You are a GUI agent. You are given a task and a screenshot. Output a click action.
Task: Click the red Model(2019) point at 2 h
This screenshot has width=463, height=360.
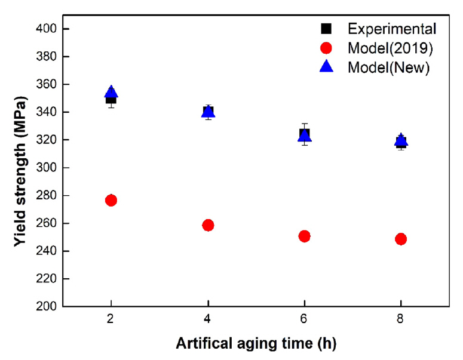(111, 200)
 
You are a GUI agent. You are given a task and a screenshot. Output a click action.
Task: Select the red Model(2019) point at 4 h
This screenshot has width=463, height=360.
(208, 225)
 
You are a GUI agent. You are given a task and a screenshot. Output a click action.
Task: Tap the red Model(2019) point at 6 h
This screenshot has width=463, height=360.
(305, 236)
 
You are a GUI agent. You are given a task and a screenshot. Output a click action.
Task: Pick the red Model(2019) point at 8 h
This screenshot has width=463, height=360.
(401, 239)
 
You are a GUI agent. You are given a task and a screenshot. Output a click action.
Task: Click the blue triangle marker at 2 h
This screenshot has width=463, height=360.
(111, 92)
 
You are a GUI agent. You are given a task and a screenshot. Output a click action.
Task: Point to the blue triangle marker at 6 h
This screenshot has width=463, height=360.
(305, 136)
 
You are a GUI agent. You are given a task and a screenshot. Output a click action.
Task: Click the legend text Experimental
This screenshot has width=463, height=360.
(393, 29)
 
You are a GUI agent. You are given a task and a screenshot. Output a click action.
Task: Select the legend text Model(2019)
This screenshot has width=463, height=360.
(390, 48)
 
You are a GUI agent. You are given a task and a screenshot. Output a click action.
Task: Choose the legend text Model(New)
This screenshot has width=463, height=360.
(389, 68)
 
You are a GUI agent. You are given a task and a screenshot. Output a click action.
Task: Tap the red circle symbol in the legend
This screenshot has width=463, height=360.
(326, 48)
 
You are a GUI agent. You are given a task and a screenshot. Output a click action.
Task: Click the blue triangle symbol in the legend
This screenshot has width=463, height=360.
(326, 67)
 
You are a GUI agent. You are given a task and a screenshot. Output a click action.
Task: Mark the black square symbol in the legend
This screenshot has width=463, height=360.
(326, 29)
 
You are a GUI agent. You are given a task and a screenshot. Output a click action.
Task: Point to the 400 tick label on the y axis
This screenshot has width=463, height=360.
(48, 29)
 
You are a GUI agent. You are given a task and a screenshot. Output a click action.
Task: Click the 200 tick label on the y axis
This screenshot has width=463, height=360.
(48, 306)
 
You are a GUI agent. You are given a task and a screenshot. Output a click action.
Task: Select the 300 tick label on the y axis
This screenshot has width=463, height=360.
(48, 168)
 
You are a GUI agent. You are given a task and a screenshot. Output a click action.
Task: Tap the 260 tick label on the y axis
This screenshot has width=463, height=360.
(48, 223)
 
